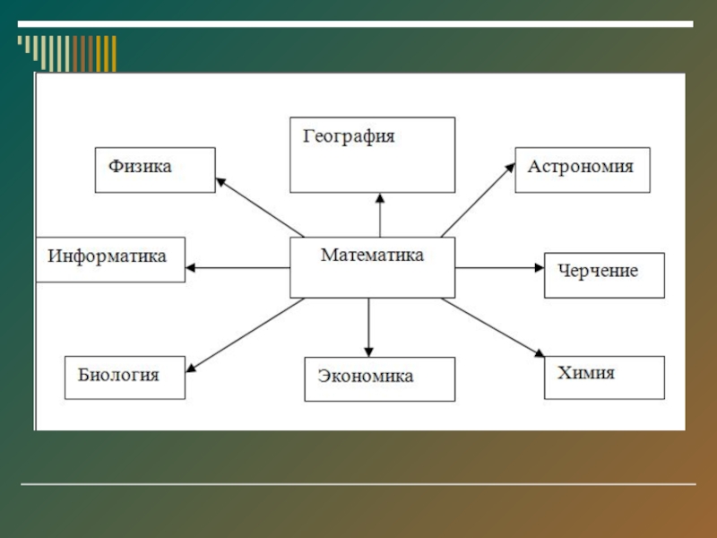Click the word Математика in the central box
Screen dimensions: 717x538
[372, 256]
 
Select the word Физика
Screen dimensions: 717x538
[140, 166]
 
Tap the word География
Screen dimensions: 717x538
[350, 137]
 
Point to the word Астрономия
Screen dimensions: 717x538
[580, 166]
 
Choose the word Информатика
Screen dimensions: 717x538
[107, 256]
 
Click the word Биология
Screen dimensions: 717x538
[118, 374]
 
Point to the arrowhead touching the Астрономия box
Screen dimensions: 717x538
[510, 167]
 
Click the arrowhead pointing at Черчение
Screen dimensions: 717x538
[539, 267]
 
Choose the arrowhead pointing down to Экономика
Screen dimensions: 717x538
[368, 351]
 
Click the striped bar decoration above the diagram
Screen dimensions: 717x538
[68, 52]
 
